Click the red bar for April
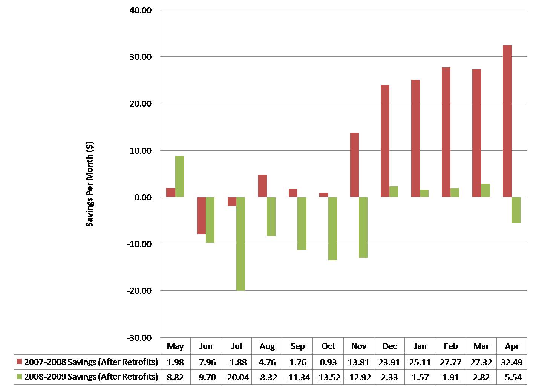507,121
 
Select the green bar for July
240,244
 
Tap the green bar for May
179,176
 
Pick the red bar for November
354,165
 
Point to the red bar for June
201,215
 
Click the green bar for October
332,229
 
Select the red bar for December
385,141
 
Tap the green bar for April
516,210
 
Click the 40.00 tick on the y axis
141,10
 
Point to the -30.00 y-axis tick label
139,338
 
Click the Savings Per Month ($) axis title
90,184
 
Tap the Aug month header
267,346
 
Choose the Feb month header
451,346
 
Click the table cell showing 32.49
512,362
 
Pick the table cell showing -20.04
236,377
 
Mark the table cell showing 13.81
359,362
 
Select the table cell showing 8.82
175,377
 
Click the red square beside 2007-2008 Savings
20,362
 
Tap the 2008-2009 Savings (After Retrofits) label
91,377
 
